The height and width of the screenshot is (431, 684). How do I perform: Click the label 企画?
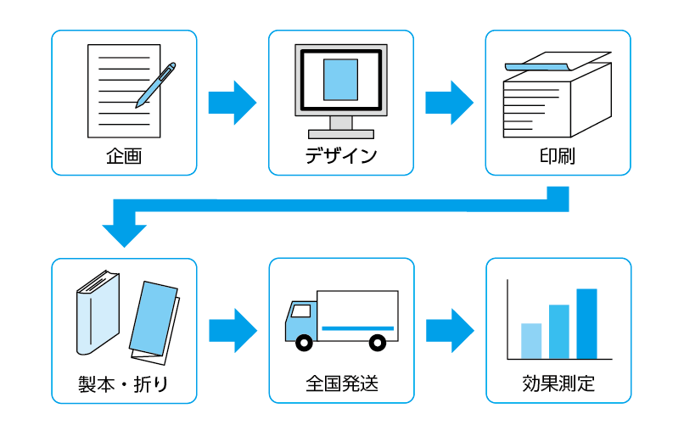click(x=124, y=157)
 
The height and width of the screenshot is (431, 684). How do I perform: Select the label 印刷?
click(x=558, y=157)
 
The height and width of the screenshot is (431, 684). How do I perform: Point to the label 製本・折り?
click(x=124, y=384)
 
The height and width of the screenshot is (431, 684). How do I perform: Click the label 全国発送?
click(x=341, y=384)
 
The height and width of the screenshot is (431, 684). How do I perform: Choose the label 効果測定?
click(x=558, y=384)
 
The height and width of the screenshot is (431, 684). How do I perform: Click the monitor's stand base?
click(x=340, y=134)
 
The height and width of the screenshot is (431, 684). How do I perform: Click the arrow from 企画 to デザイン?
click(x=232, y=102)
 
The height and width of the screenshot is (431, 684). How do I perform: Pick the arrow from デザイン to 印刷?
click(x=449, y=102)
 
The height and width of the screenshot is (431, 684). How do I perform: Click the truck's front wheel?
click(x=302, y=343)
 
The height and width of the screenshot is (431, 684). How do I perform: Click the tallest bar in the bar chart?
click(x=586, y=323)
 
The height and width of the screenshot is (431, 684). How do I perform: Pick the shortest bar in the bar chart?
click(x=530, y=341)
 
